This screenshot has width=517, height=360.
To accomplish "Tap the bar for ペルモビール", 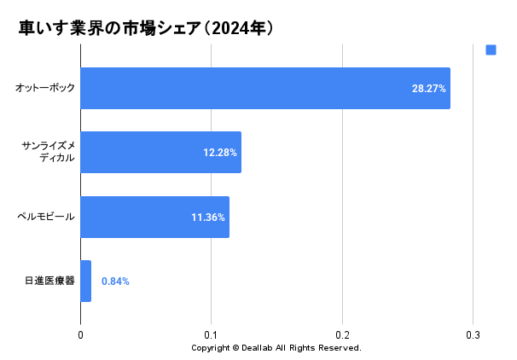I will pyautogui.click(x=137, y=217).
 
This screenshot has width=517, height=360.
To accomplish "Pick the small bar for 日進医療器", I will pyautogui.click(x=85, y=281).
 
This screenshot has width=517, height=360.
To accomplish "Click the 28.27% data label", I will pyautogui.click(x=429, y=89).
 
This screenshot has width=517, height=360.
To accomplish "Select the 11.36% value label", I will pyautogui.click(x=208, y=218).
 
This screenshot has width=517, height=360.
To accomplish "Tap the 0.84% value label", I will pyautogui.click(x=115, y=281).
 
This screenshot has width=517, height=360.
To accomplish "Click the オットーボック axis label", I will pyautogui.click(x=45, y=88).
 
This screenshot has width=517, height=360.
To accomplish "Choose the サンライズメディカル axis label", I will pyautogui.click(x=48, y=152).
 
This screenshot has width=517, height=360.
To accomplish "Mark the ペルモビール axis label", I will pyautogui.click(x=46, y=217).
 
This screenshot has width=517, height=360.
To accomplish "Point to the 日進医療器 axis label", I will pyautogui.click(x=50, y=281).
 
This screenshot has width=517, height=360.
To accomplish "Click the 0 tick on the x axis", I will pyautogui.click(x=80, y=334).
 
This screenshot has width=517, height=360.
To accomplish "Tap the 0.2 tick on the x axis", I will pyautogui.click(x=342, y=334).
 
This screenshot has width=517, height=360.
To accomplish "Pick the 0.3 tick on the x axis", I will pyautogui.click(x=473, y=334).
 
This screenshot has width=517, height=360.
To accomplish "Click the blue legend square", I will pyautogui.click(x=491, y=50).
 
